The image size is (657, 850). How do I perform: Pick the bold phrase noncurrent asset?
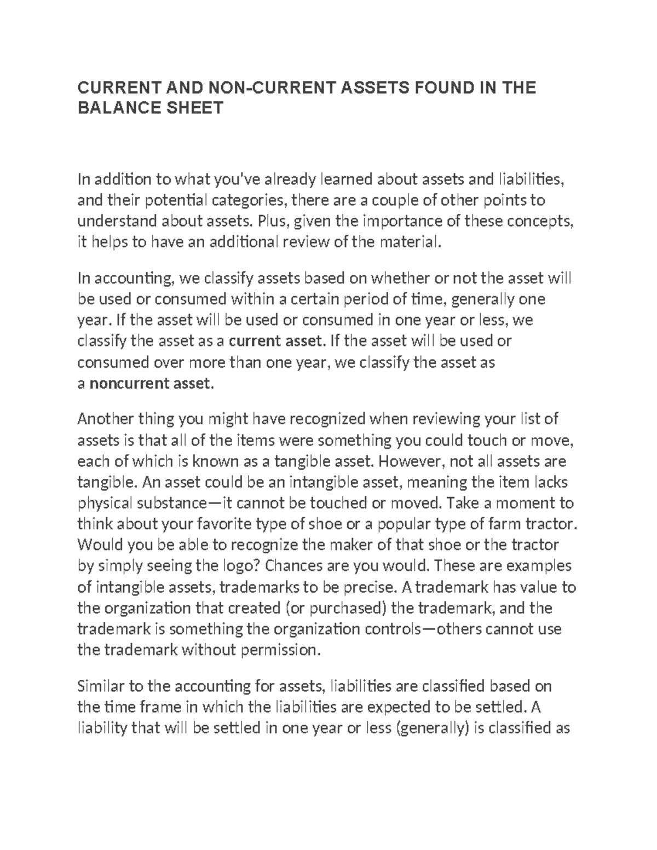point(149,384)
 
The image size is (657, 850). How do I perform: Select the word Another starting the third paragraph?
point(105,419)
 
